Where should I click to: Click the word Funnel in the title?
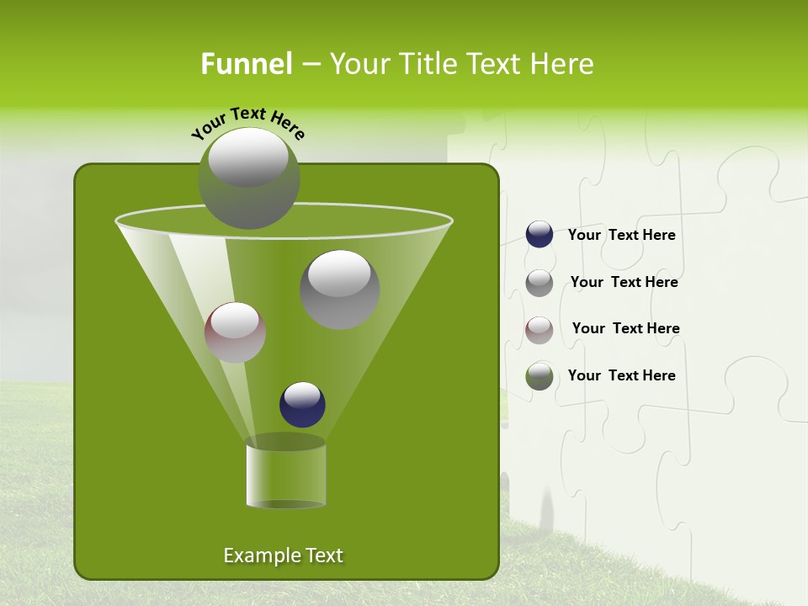(x=246, y=64)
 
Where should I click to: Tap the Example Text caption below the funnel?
(x=283, y=555)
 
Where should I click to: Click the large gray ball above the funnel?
(x=248, y=178)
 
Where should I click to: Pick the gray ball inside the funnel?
(x=339, y=289)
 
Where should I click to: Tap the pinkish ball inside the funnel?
(x=235, y=332)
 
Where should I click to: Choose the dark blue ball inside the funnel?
(x=302, y=405)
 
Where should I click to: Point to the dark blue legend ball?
(x=540, y=235)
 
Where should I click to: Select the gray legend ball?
(x=540, y=283)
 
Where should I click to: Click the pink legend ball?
(x=540, y=329)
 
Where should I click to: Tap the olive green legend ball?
(x=540, y=376)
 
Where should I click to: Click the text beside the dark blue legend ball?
(x=621, y=236)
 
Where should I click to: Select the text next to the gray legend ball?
(x=624, y=283)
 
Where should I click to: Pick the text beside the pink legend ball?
(x=625, y=329)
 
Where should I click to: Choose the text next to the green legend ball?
(x=621, y=376)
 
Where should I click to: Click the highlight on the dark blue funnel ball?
(x=302, y=393)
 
